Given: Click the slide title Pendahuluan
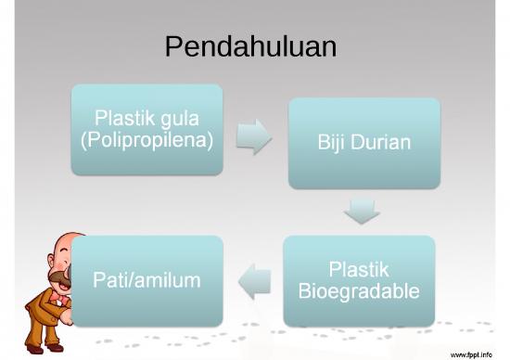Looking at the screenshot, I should point(250,46).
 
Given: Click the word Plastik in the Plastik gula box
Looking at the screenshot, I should point(125,120).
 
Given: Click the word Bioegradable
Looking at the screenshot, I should point(359,290).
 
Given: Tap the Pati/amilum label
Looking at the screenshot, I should point(147,279).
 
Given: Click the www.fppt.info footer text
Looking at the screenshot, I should point(472,353).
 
